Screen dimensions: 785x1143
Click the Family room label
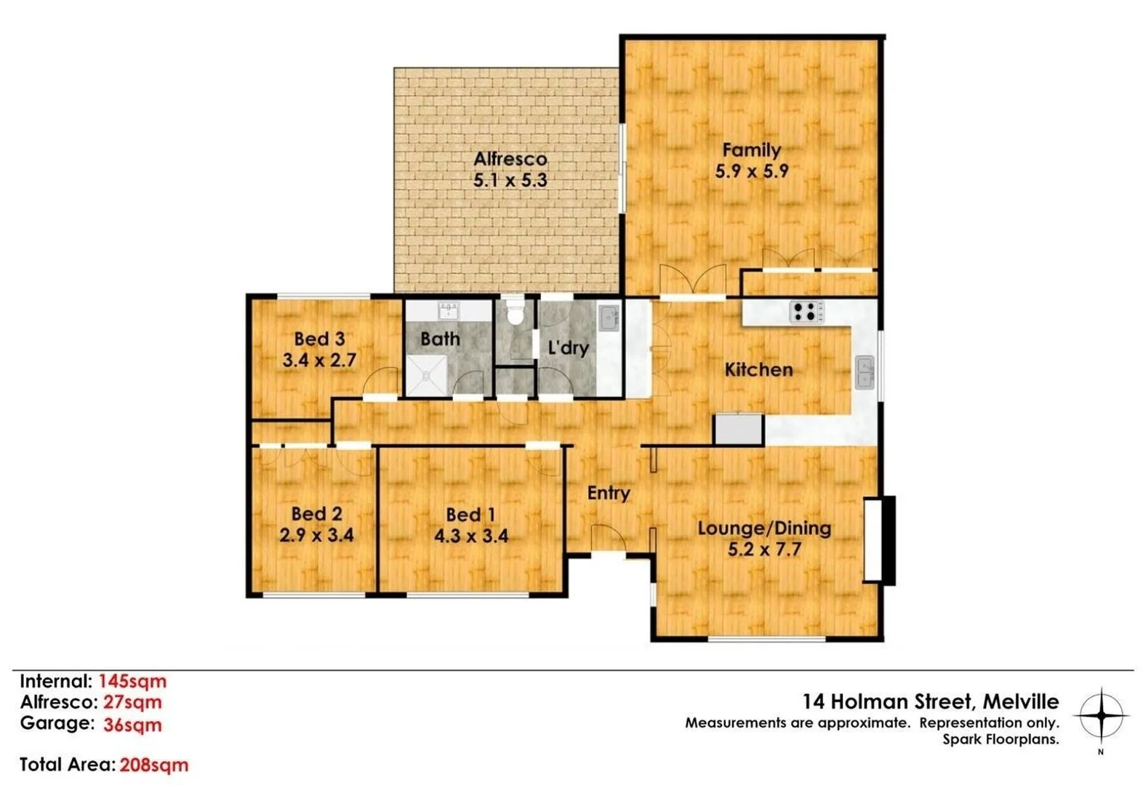coord(751,150)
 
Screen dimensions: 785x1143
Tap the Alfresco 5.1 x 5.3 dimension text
coord(510,180)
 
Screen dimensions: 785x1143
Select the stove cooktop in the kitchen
coord(806,312)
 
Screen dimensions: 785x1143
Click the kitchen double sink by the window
coord(865,372)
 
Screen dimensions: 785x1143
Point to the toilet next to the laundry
coord(515,313)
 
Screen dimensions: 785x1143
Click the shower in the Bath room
coord(426,376)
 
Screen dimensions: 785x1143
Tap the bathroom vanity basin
coord(448,310)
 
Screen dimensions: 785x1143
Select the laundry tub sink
coord(609,318)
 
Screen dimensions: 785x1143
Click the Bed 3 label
coord(319,339)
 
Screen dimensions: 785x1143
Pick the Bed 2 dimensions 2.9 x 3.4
coord(316,536)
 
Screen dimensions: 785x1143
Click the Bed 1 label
coord(470,515)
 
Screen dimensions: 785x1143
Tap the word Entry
coord(608,493)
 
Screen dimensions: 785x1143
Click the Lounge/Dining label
coord(764,528)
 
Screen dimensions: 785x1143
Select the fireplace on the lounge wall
coord(879,539)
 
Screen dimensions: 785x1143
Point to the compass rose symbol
coord(1101,715)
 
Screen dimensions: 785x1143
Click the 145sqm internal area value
coord(132,681)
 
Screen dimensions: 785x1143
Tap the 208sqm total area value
coord(153,765)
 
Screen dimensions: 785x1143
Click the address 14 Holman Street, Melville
coord(930,701)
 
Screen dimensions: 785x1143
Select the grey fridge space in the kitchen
coord(738,429)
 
